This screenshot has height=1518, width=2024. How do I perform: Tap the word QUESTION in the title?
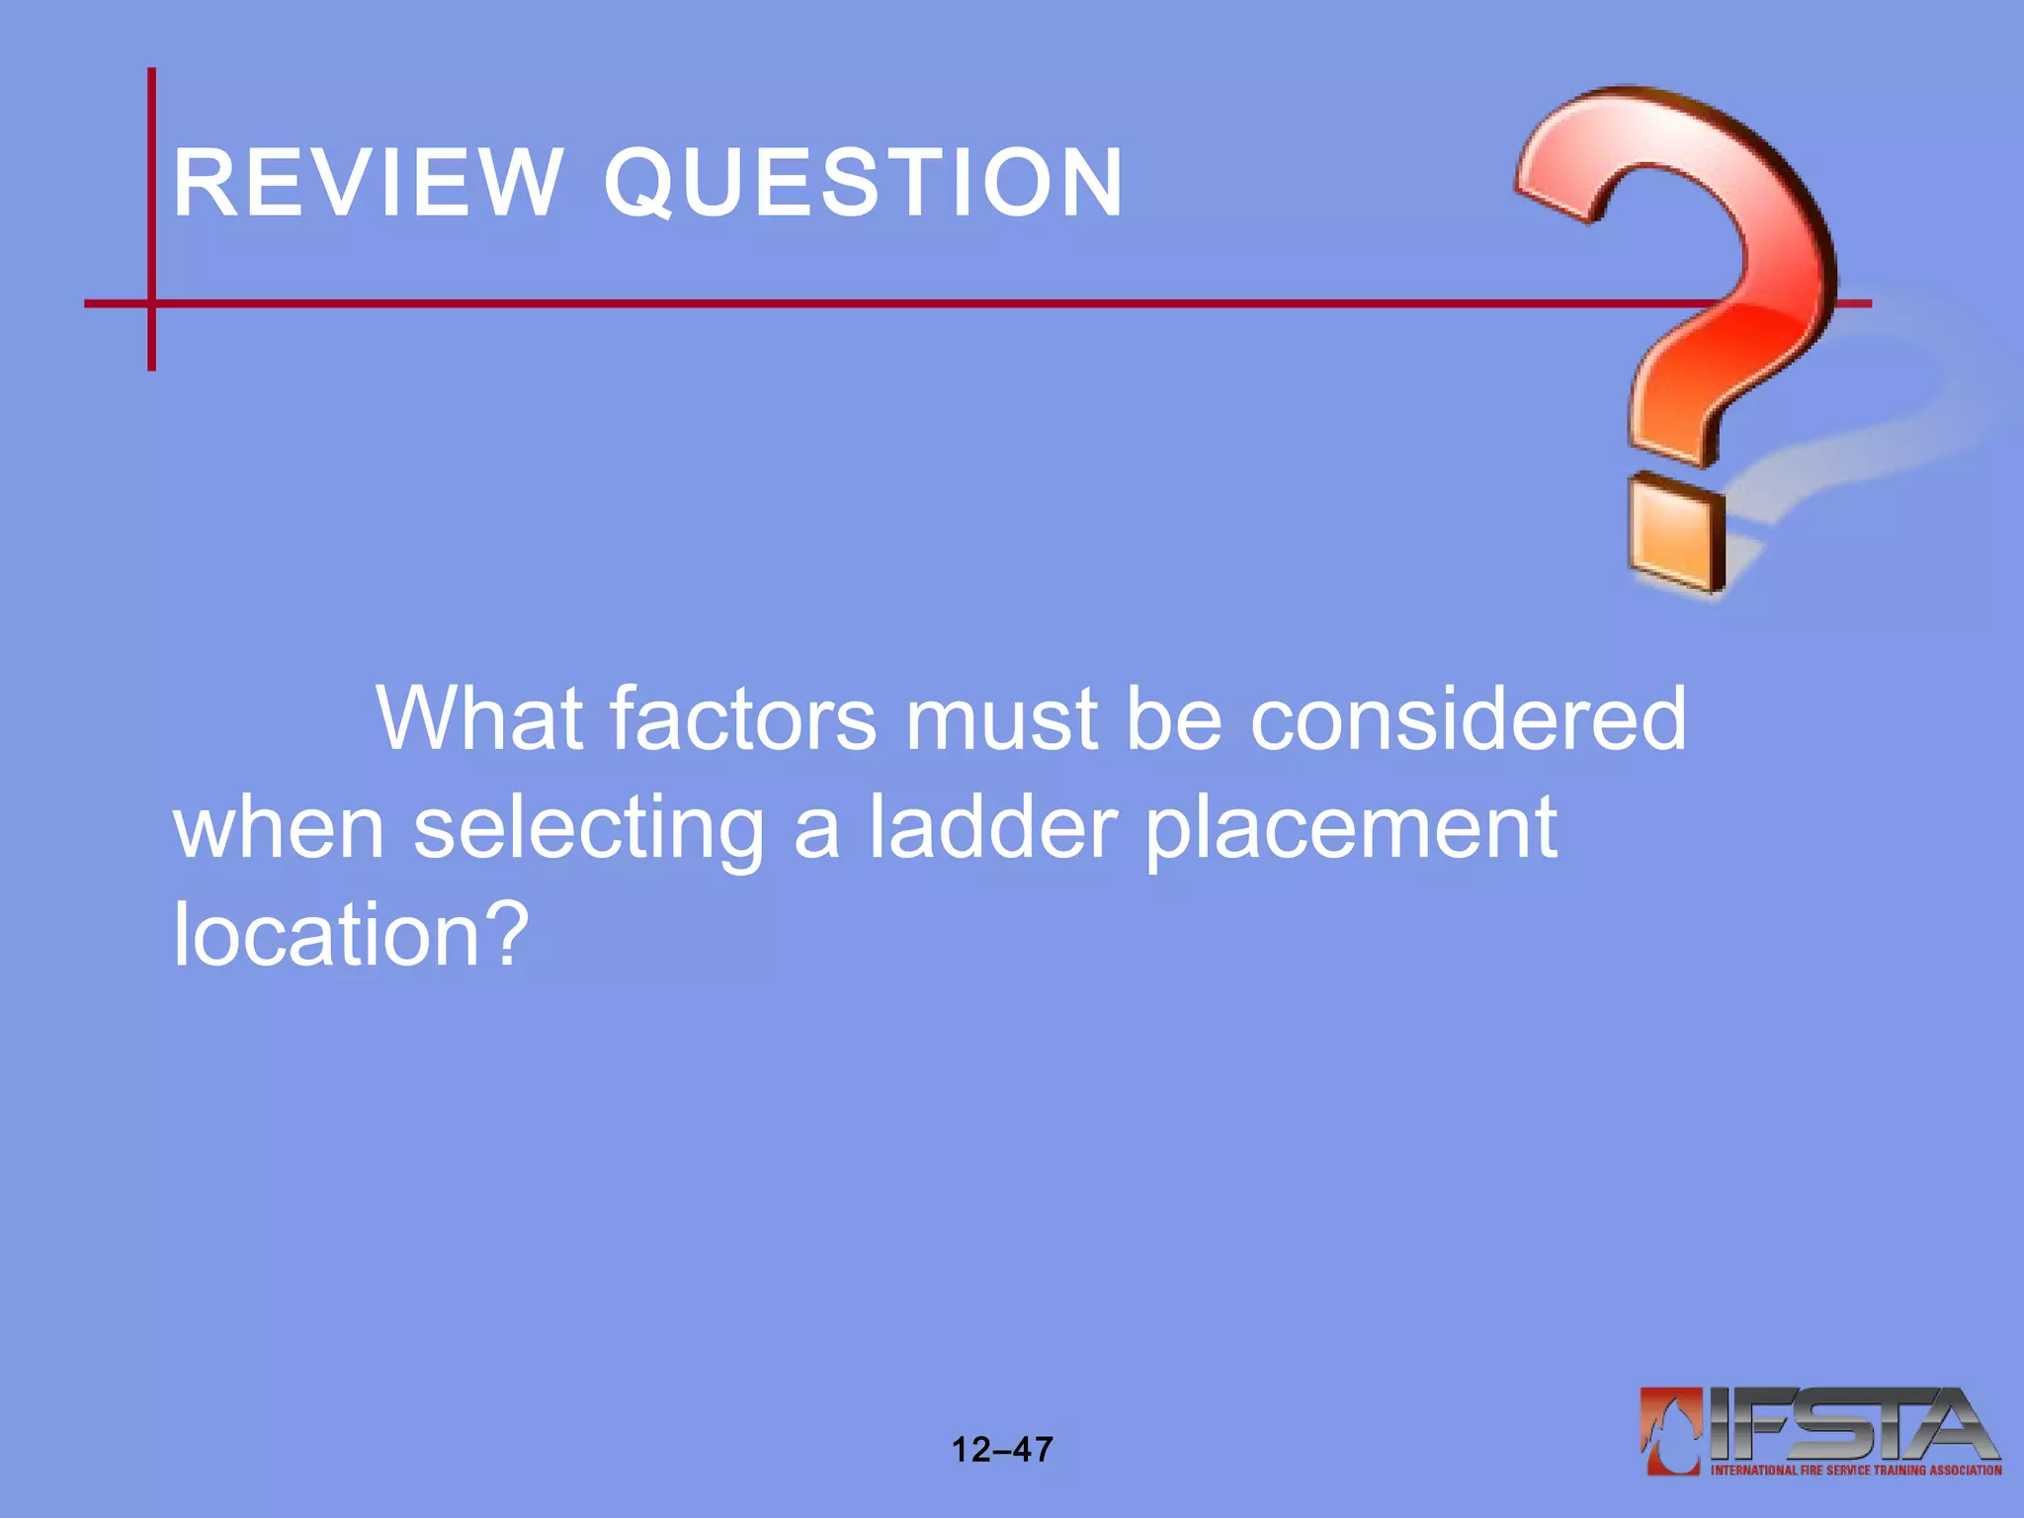tap(864, 184)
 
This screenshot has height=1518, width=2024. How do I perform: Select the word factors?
tap(742, 718)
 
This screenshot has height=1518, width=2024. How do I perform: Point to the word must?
tap(1000, 718)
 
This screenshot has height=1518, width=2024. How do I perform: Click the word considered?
tap(1469, 718)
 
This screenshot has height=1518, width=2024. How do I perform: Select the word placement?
tap(1351, 830)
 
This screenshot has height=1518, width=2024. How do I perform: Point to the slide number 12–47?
tap(1001, 1450)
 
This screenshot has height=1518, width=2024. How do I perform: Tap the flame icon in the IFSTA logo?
tap(1671, 1431)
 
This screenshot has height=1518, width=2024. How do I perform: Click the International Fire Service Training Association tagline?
tap(1856, 1471)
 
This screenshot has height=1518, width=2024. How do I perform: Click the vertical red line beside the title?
tap(151, 198)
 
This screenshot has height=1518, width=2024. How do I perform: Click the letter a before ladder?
tap(816, 830)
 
